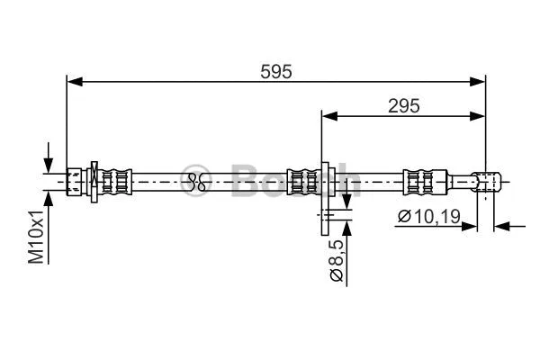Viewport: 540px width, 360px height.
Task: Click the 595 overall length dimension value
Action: [x=276, y=71]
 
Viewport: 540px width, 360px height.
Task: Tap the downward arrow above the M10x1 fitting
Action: [x=48, y=162]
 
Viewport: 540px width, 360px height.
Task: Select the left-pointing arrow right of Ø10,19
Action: [x=502, y=225]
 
